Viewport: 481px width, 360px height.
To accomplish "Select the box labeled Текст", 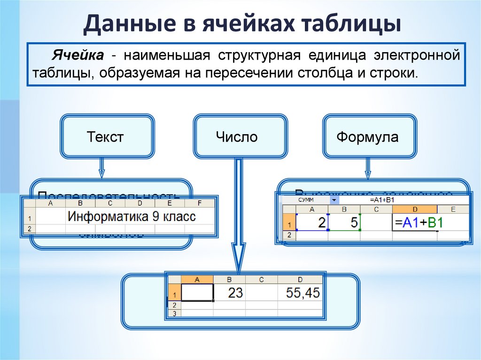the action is click(105, 137).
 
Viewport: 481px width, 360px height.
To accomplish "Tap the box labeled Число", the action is click(237, 137).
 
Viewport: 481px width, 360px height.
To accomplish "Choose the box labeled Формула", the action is click(367, 138).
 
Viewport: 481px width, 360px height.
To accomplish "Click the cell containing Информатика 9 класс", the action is click(132, 217).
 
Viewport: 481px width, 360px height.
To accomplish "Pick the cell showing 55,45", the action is click(300, 293).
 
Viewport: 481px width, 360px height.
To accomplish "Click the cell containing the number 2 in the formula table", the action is click(312, 222).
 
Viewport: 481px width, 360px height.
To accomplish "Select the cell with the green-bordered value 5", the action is click(344, 222).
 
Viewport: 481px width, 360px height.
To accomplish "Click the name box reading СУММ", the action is click(305, 200).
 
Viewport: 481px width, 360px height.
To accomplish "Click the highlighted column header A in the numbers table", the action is click(197, 279).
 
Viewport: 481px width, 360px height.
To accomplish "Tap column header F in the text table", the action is click(200, 203).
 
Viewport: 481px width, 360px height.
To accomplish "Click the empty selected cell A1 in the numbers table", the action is click(197, 293).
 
